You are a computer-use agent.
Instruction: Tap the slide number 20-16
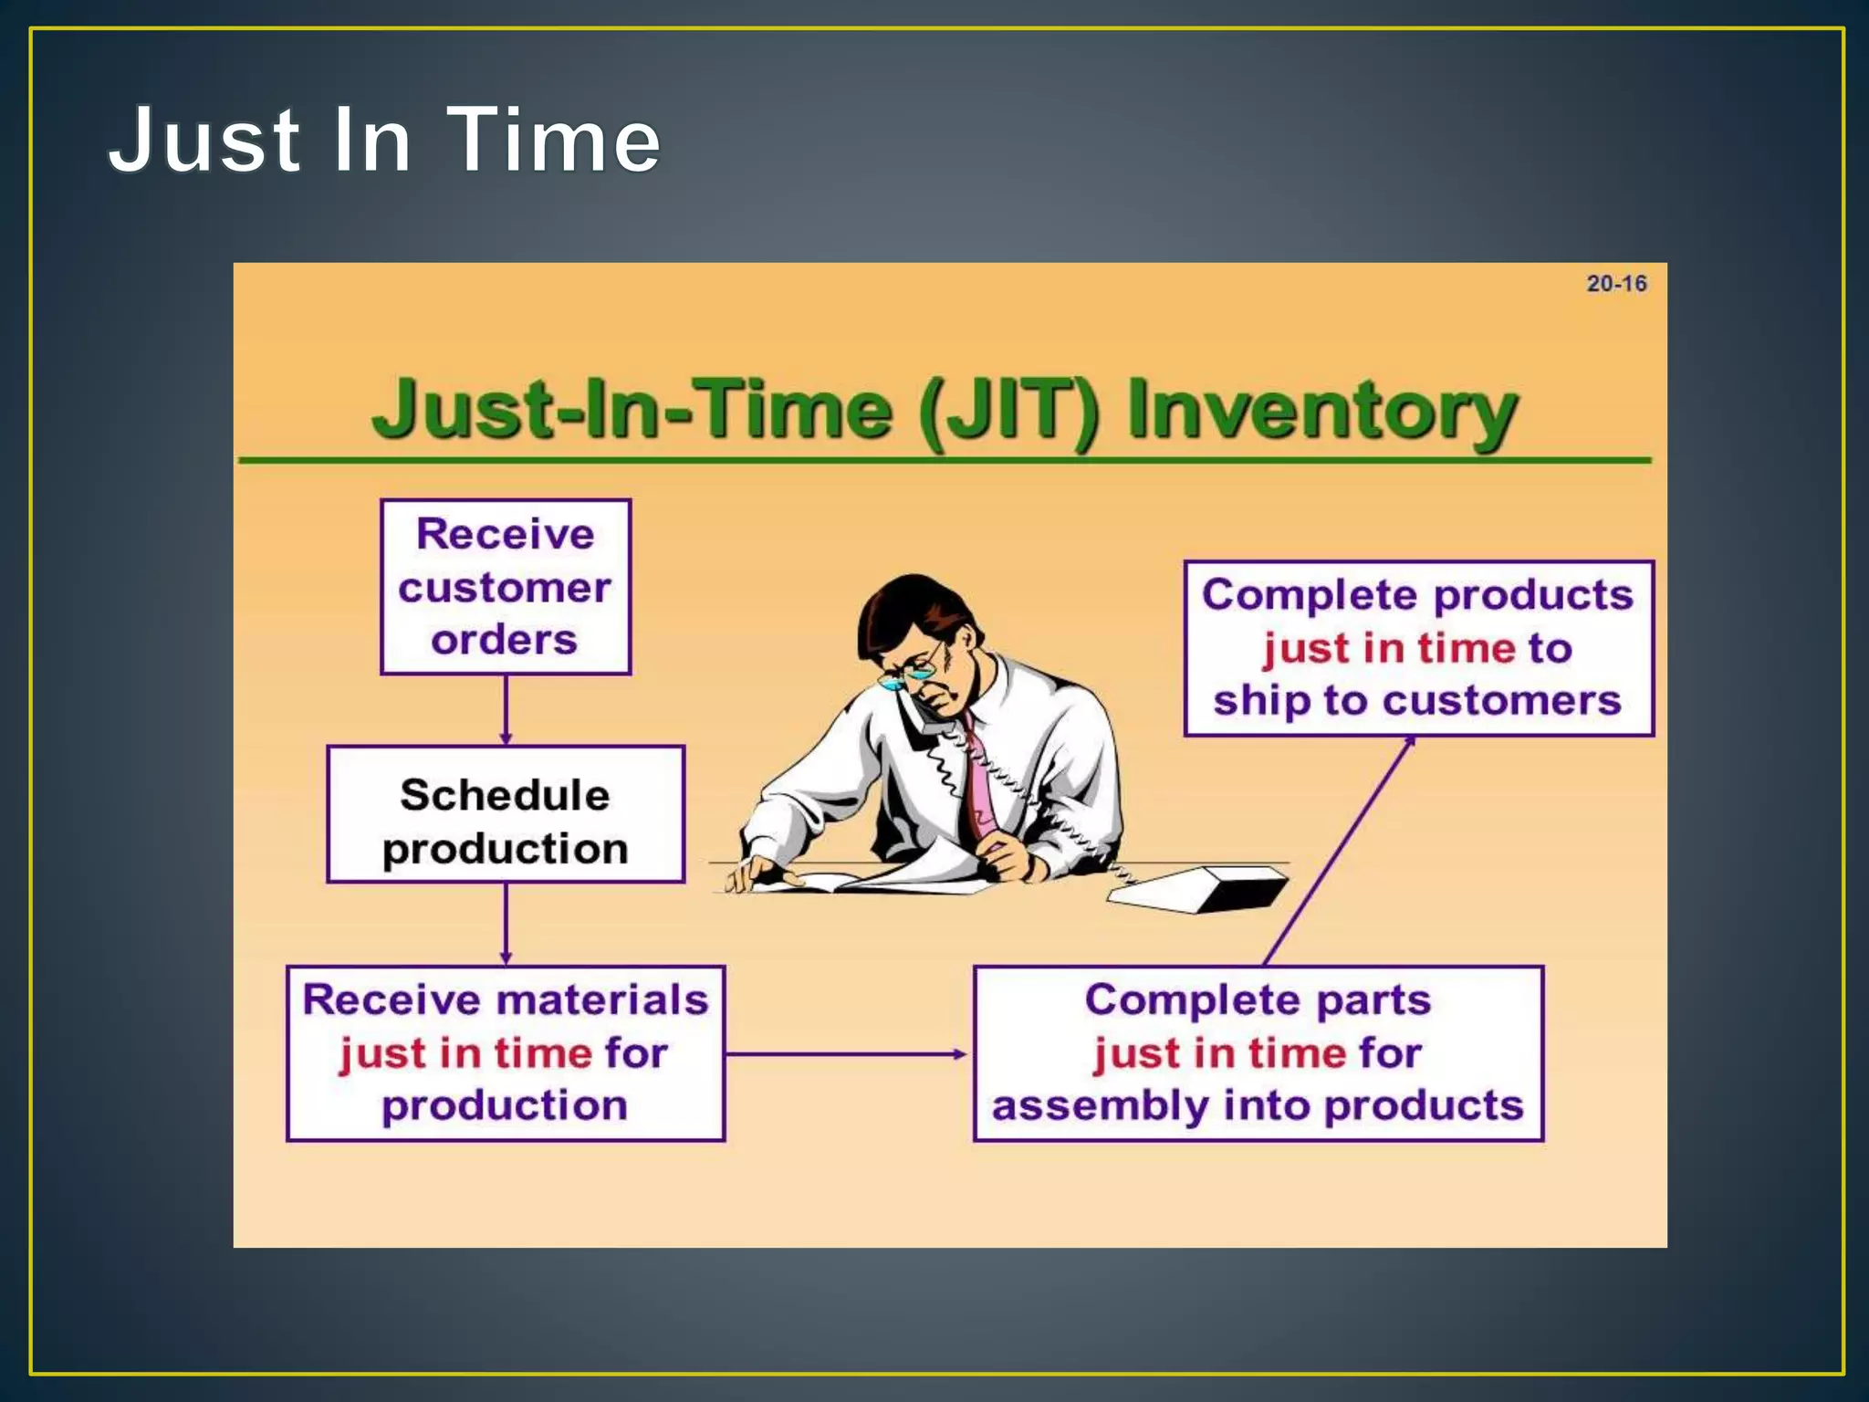tap(1616, 284)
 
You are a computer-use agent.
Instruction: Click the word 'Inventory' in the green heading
tap(1321, 410)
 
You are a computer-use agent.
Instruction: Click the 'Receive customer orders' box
tap(505, 587)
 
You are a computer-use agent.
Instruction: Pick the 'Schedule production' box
tap(505, 814)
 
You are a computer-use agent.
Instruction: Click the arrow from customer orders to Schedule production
tap(506, 710)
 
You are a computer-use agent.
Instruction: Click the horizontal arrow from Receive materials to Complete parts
tap(847, 1054)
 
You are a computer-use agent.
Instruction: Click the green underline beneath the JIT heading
tap(945, 460)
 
